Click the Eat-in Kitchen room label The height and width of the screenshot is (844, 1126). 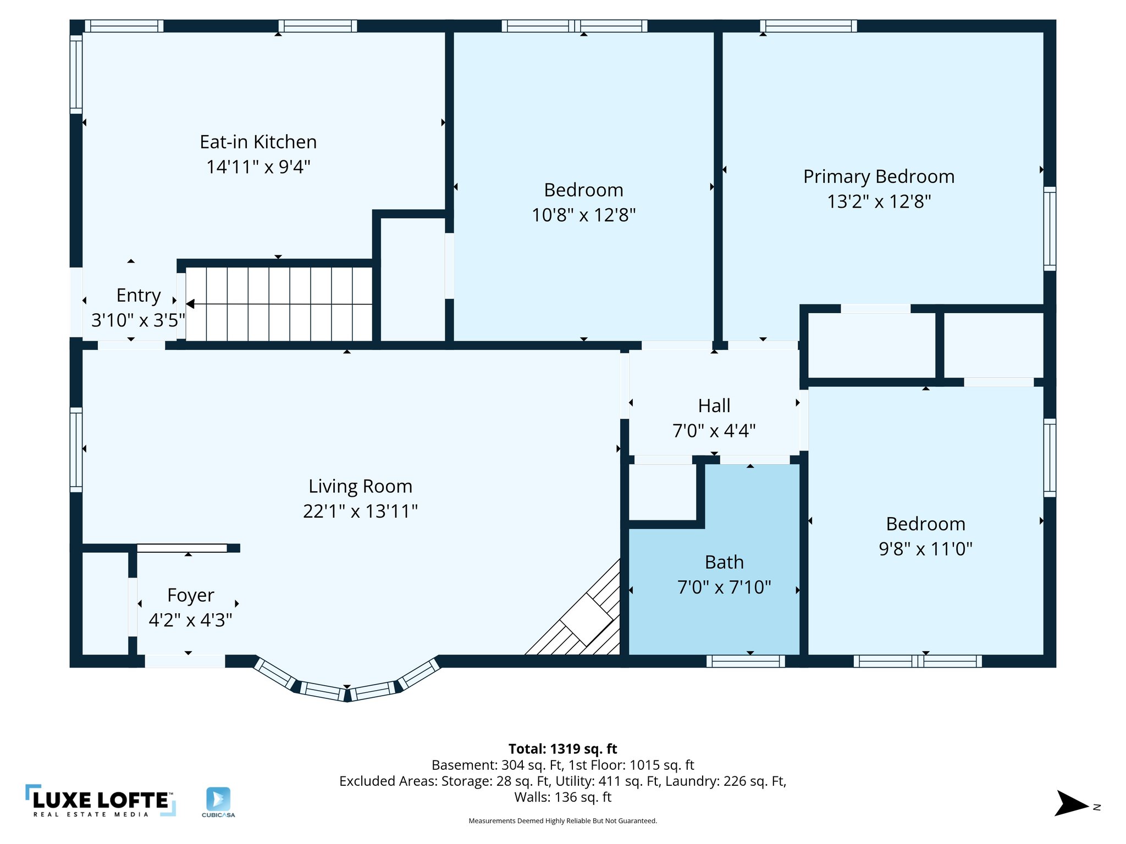[x=258, y=142]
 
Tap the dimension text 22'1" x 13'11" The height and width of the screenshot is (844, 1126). [x=360, y=511]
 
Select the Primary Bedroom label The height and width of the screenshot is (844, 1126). [x=879, y=176]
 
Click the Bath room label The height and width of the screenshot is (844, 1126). [x=724, y=562]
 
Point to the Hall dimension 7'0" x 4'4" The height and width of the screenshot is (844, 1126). [x=714, y=431]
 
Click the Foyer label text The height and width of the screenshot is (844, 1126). [x=190, y=595]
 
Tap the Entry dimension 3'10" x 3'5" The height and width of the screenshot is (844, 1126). [x=138, y=320]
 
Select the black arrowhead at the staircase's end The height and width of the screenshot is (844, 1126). [x=190, y=304]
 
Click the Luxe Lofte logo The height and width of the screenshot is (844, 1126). [x=101, y=801]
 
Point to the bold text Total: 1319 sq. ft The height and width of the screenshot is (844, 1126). [x=562, y=749]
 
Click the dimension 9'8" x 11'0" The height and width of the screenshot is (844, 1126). [x=925, y=549]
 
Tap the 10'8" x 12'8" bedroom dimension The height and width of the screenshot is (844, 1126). [x=583, y=215]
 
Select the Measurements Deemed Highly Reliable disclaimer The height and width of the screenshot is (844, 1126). [x=562, y=821]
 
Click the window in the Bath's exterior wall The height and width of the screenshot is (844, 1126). [x=746, y=661]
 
